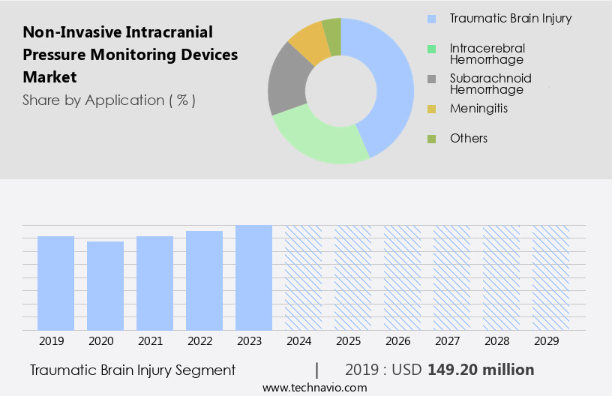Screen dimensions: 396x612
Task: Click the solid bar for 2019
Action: pos(55,283)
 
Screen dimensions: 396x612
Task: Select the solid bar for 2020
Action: pos(105,286)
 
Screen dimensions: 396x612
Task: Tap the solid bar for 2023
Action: pos(253,277)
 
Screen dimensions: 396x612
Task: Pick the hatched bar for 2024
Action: pos(303,277)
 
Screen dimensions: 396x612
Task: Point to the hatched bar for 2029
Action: pos(550,277)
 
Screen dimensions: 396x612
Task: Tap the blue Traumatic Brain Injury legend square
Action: pos(431,18)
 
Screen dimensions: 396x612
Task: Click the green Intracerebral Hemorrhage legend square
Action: pos(431,49)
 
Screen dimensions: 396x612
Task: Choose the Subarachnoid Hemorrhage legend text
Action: pos(490,83)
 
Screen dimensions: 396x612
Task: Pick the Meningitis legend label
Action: pos(478,109)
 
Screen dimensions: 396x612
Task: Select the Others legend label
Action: pos(469,138)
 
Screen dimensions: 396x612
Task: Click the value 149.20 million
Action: pos(481,370)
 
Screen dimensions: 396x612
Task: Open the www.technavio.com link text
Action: pos(314,388)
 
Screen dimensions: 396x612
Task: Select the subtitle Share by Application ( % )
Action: pos(109,100)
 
